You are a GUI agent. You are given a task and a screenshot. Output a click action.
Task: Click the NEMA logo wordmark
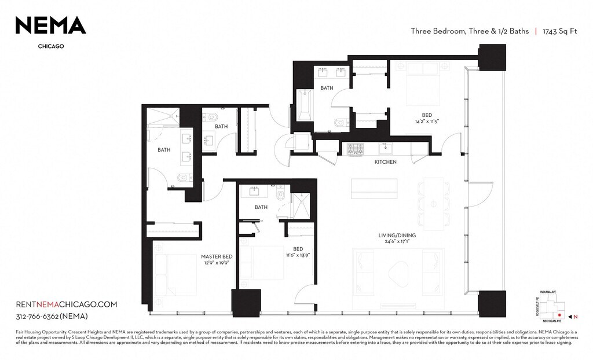pos(50,25)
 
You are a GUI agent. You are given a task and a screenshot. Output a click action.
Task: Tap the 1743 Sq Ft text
pos(559,32)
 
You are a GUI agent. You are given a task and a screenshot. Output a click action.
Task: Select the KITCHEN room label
pos(385,162)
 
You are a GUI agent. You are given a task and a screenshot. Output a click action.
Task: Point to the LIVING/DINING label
pos(397,236)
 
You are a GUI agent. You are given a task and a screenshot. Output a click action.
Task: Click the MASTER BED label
pos(217,256)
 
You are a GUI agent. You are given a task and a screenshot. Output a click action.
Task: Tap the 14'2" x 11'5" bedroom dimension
pos(427,122)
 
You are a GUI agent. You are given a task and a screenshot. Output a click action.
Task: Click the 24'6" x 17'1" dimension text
pos(397,243)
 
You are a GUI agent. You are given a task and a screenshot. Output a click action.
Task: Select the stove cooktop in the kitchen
pos(355,149)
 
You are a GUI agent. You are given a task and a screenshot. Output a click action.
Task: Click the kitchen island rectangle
pos(375,189)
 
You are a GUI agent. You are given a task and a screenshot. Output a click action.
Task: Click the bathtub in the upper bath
pos(305,105)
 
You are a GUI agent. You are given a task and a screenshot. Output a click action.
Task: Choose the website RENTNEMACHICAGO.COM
pos(67,304)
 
